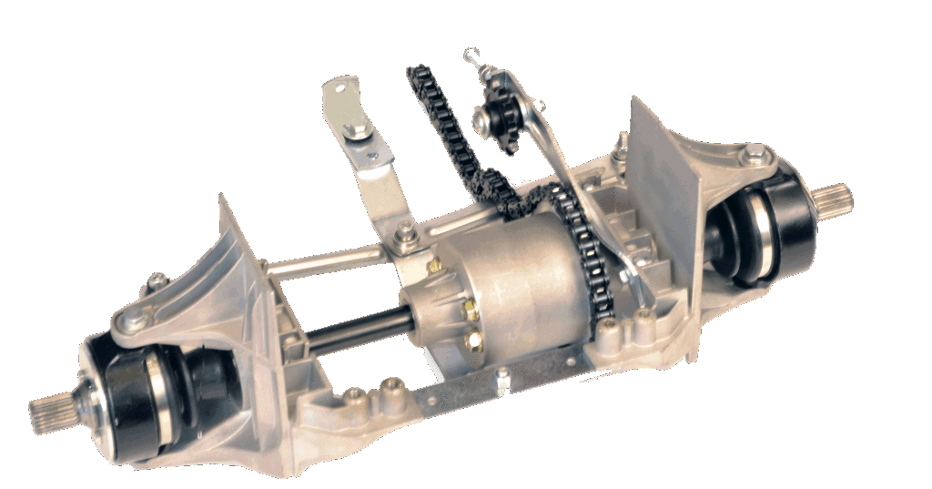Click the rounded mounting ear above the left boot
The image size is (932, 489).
pos(132,319)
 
